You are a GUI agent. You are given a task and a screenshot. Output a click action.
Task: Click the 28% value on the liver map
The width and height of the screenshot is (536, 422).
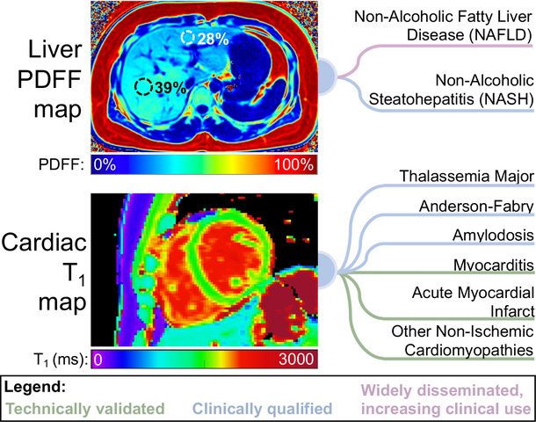pos(213,39)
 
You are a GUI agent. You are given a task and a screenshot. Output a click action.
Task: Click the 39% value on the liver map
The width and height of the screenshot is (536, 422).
pos(170,88)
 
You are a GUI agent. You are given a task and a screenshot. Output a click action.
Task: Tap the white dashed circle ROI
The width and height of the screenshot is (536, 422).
pos(188,38)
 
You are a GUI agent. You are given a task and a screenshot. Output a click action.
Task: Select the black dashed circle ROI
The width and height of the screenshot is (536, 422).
pos(143,87)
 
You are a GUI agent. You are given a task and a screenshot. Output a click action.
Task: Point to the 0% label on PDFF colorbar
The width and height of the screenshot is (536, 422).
pos(105,164)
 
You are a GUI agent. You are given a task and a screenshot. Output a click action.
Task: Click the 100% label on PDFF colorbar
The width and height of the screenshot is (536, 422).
pos(293,164)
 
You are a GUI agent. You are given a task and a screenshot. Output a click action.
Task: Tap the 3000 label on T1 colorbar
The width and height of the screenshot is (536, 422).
pos(296,359)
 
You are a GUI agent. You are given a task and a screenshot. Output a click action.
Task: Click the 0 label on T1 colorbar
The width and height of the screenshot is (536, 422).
pos(98,360)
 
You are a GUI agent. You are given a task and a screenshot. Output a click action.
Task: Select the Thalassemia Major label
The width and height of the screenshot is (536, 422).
pos(467,177)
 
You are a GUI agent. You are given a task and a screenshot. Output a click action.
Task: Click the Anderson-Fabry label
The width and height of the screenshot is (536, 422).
pos(476,207)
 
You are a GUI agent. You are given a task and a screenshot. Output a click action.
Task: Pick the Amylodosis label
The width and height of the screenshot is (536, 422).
pos(493,236)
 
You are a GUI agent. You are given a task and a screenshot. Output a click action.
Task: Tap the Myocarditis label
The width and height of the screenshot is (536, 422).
pos(494,265)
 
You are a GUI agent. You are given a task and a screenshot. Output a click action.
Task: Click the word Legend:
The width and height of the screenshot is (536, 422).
pos(35,388)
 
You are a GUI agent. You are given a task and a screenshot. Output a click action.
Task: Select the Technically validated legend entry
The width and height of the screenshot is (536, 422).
pos(85,409)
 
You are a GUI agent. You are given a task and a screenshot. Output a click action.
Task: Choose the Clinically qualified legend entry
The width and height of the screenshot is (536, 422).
pos(262,409)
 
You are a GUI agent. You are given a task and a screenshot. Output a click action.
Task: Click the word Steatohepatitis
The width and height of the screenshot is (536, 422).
pos(422,99)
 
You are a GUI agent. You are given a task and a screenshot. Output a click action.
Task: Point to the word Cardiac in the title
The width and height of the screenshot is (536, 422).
pos(44,243)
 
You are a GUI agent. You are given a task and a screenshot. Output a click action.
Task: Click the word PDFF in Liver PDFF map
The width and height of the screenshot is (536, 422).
pos(49,80)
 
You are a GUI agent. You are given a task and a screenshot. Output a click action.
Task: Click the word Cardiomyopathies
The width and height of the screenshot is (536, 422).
pos(468,350)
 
